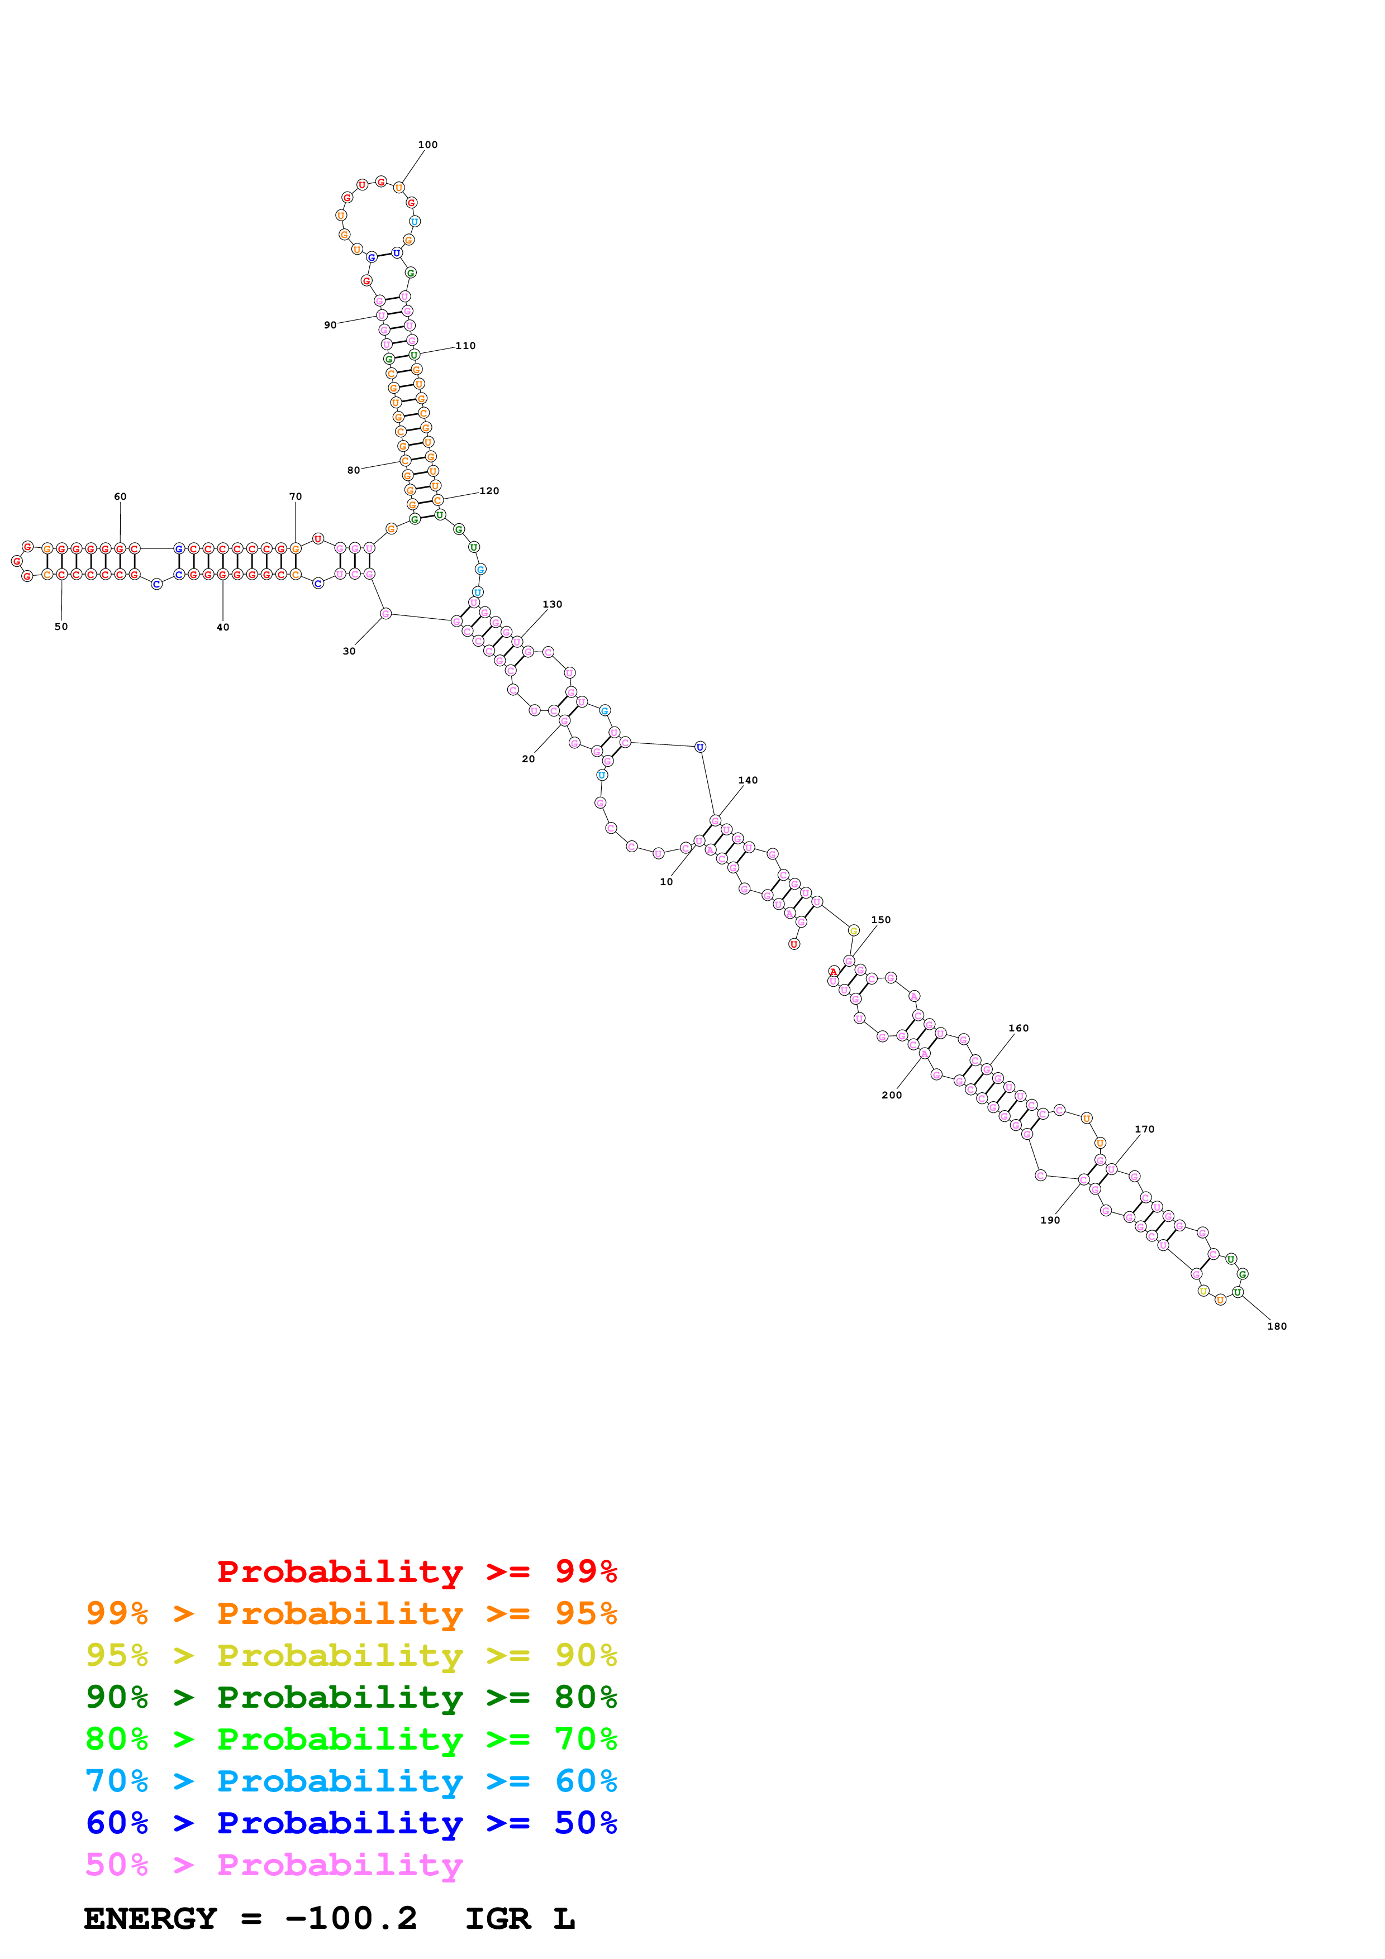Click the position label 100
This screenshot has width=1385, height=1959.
(x=427, y=145)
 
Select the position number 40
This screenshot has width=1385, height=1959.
(x=223, y=627)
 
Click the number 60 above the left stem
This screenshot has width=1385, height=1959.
(x=120, y=496)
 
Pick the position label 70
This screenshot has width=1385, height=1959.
(x=295, y=496)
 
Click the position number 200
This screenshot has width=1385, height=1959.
(x=891, y=1095)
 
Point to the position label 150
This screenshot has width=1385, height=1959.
(x=881, y=920)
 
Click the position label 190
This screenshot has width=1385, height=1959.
(x=1050, y=1220)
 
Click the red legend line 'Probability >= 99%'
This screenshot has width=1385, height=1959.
(x=416, y=1571)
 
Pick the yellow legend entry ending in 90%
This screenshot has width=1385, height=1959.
(x=351, y=1655)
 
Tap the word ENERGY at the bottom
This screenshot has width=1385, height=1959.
(x=150, y=1918)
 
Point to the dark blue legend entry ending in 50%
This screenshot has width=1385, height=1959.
(x=351, y=1823)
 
